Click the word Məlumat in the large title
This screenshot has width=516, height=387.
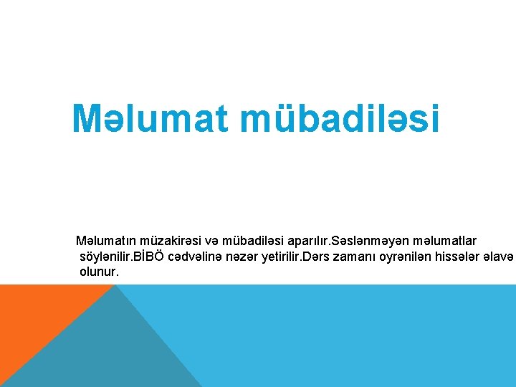coord(150,119)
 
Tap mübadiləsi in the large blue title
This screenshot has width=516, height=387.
coord(340,119)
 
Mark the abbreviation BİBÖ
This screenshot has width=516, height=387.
coord(153,257)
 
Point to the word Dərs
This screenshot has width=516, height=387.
coord(317,257)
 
